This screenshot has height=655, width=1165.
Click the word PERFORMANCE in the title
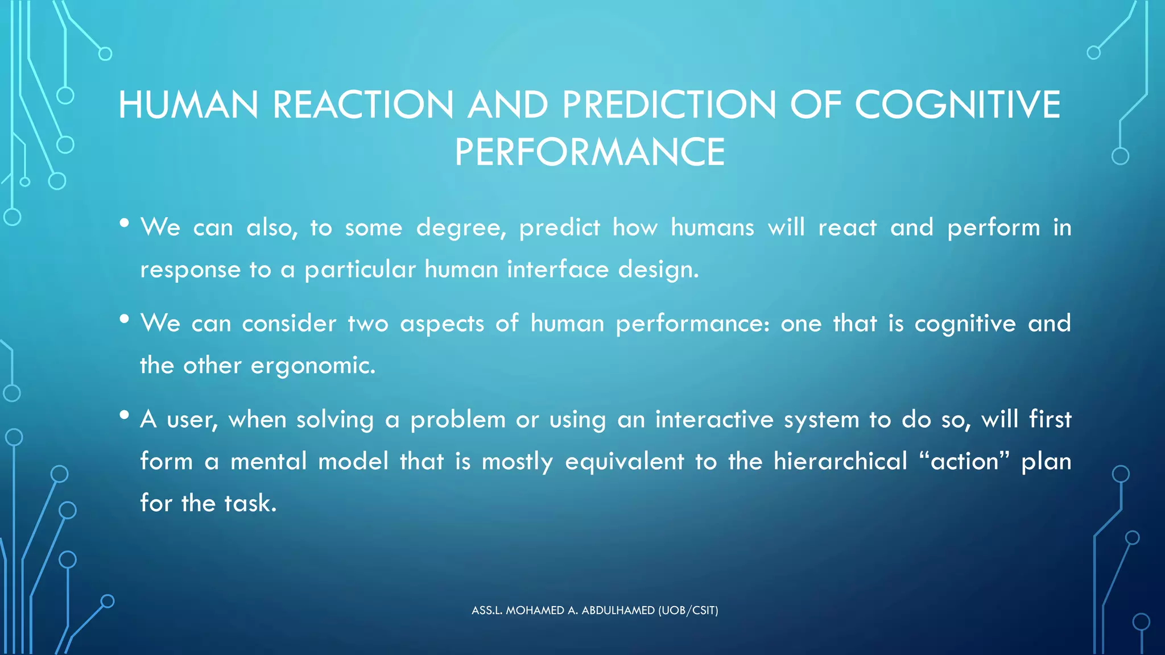(589, 152)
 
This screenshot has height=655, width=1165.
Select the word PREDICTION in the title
(669, 105)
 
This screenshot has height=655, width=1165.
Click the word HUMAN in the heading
(188, 105)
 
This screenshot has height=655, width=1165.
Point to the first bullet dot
(125, 223)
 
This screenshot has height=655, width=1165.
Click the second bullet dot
(125, 319)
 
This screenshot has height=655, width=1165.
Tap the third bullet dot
(125, 415)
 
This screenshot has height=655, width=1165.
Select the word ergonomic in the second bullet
(312, 366)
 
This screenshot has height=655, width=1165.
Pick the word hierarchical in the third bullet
(840, 461)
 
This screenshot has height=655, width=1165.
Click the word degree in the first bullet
(461, 228)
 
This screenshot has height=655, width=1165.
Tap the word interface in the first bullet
(557, 269)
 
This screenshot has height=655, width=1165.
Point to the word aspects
(441, 324)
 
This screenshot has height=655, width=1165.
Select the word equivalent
(624, 461)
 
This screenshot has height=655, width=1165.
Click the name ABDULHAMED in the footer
(618, 611)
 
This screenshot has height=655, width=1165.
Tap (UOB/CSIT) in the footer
(688, 611)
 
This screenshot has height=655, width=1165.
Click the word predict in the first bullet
(559, 228)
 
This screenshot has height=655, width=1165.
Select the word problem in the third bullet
(458, 420)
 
